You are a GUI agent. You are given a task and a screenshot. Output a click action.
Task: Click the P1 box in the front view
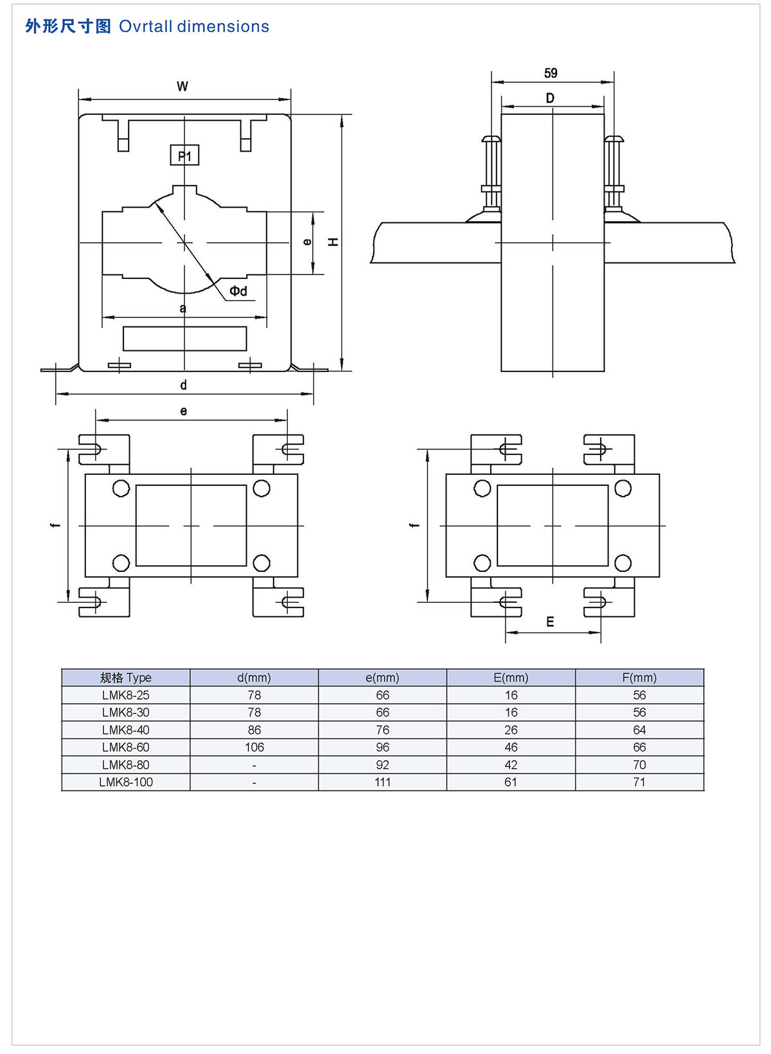[x=184, y=156]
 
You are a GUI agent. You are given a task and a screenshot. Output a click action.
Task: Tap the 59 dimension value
[x=551, y=73]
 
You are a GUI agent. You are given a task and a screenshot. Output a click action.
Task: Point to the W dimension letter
[x=182, y=86]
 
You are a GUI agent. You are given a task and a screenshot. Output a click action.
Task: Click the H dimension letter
[x=333, y=242]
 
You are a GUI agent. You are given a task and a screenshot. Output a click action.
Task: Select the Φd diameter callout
[x=238, y=291]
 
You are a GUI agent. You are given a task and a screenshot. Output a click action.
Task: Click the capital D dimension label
[x=550, y=98]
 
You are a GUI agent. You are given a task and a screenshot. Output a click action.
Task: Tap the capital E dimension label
[x=550, y=621]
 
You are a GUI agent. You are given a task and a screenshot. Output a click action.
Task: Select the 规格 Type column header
[x=126, y=677]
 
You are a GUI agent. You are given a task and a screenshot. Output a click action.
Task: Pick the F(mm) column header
[x=639, y=677]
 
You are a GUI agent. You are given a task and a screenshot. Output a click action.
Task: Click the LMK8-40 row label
[x=126, y=730]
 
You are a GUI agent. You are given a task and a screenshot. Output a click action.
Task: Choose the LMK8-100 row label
[x=126, y=782]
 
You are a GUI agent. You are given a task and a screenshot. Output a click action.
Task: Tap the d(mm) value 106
[x=254, y=747]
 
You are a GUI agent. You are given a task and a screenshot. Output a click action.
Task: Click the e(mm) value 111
[x=382, y=782]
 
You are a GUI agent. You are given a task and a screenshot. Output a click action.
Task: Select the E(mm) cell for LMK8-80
[x=511, y=765]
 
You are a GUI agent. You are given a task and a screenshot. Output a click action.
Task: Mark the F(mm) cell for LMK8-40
[x=639, y=730]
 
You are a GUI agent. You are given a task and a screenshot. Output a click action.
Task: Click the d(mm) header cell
[x=254, y=677]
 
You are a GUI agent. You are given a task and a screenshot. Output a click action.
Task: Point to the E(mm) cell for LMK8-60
[x=511, y=747]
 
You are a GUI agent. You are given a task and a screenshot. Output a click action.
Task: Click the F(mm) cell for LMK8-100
[x=639, y=782]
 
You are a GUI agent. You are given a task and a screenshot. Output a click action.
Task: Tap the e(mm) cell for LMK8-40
[x=382, y=730]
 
